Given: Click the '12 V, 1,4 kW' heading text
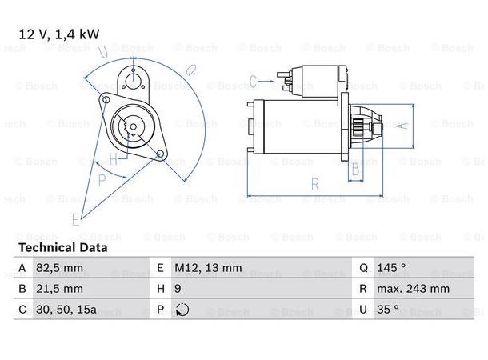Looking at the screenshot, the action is pyautogui.click(x=59, y=34).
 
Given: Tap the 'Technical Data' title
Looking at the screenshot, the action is pyautogui.click(x=63, y=248).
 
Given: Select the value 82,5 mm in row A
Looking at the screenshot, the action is pyautogui.click(x=59, y=268).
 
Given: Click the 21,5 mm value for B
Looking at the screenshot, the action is pyautogui.click(x=59, y=289).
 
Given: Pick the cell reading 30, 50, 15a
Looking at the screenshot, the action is pyautogui.click(x=66, y=310).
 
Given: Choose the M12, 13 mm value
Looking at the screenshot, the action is pyautogui.click(x=208, y=268).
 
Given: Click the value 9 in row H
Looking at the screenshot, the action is pyautogui.click(x=178, y=289).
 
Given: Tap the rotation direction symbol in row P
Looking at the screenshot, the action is pyautogui.click(x=182, y=310).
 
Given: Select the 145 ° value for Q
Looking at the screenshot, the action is pyautogui.click(x=391, y=268).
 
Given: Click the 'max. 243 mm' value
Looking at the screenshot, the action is pyautogui.click(x=413, y=289).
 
